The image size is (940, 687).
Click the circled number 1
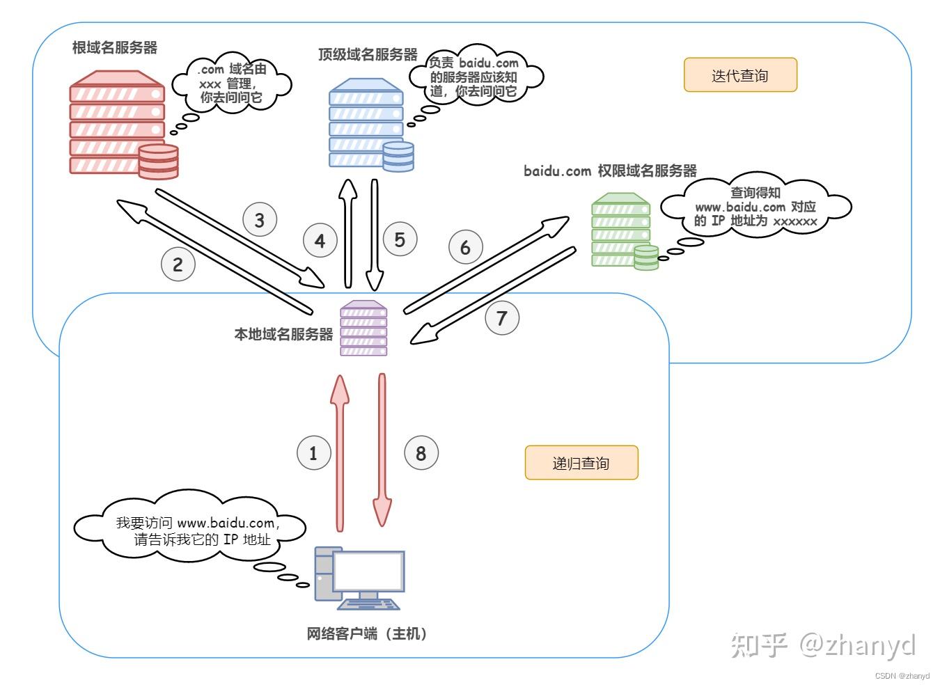point(313,453)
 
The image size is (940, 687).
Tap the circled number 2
point(178,264)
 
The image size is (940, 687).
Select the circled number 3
point(260,221)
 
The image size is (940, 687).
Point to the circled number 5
point(400,239)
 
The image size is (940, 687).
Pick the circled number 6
point(465,247)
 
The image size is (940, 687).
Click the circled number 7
point(502,318)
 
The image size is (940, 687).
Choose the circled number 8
point(421,453)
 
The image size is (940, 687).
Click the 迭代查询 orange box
point(739,75)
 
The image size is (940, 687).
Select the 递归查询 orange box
point(581,463)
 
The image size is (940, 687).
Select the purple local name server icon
point(363,329)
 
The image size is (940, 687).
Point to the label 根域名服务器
point(115,47)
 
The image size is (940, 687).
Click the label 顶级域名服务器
point(368,54)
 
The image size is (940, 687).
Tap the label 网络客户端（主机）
point(367,633)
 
